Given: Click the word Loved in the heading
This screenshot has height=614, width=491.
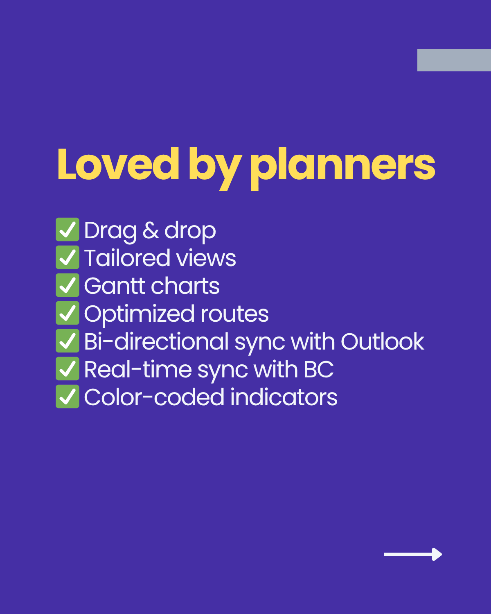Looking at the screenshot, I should tap(118, 165).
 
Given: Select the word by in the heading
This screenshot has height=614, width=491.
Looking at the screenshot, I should tap(214, 167).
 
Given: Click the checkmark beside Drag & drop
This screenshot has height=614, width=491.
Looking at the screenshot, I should tap(68, 230).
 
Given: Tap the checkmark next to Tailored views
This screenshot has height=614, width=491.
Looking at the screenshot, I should tap(68, 257).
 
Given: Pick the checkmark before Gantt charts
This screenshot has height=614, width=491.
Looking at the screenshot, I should tap(68, 285).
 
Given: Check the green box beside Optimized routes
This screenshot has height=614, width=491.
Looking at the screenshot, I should tap(68, 313).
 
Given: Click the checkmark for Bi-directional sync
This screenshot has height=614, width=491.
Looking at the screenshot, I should tap(68, 341).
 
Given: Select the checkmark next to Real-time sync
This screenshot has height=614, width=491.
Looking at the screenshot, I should tap(68, 369).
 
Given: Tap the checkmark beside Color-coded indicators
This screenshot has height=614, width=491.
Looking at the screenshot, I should tap(68, 397).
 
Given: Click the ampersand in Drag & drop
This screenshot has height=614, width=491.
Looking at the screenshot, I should tap(151, 230).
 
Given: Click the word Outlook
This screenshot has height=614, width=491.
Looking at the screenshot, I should tap(382, 341).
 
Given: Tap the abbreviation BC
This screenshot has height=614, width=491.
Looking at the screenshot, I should tap(319, 370).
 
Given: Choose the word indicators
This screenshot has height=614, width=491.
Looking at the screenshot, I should tap(284, 397).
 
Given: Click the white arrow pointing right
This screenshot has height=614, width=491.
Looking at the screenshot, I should tap(413, 554).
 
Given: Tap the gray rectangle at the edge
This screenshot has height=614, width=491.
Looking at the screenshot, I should tap(454, 60).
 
